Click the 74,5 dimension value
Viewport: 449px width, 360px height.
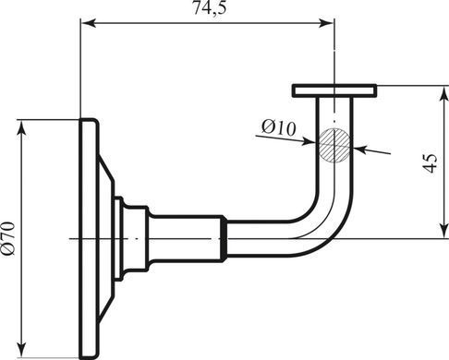[x=210, y=7]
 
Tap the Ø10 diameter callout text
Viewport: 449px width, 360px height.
[x=278, y=127]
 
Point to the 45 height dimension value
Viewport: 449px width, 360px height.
[x=431, y=162]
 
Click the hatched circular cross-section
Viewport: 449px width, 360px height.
[x=334, y=145]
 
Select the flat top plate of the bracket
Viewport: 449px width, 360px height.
[x=334, y=90]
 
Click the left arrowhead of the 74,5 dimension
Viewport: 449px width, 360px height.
[x=89, y=23]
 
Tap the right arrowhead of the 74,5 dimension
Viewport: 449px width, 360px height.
[x=326, y=23]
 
